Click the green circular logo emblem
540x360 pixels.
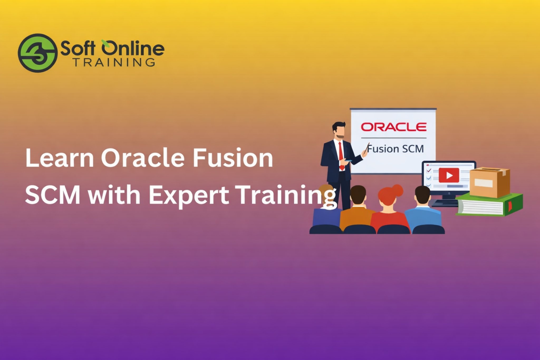pyautogui.click(x=38, y=53)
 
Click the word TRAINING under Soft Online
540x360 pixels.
pyautogui.click(x=114, y=63)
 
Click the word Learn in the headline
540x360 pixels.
pyautogui.click(x=60, y=158)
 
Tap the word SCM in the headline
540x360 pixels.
pyautogui.click(x=53, y=195)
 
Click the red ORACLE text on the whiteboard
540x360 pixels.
pyautogui.click(x=393, y=127)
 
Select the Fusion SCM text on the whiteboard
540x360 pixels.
pyautogui.click(x=396, y=149)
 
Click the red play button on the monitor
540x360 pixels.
pyautogui.click(x=449, y=175)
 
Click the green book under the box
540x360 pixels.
pyautogui.click(x=489, y=206)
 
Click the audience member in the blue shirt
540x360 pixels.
pyautogui.click(x=423, y=211)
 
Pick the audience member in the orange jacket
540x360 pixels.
pyautogui.click(x=357, y=211)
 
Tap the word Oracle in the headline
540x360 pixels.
pyautogui.click(x=143, y=158)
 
